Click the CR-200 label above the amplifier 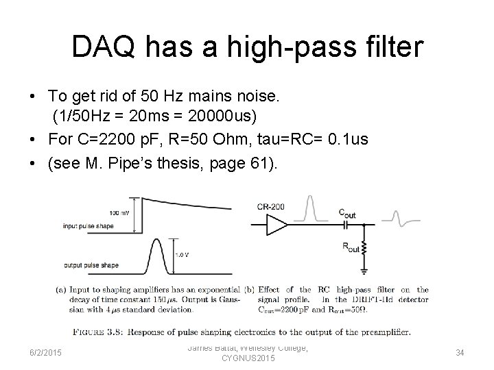point(271,206)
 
